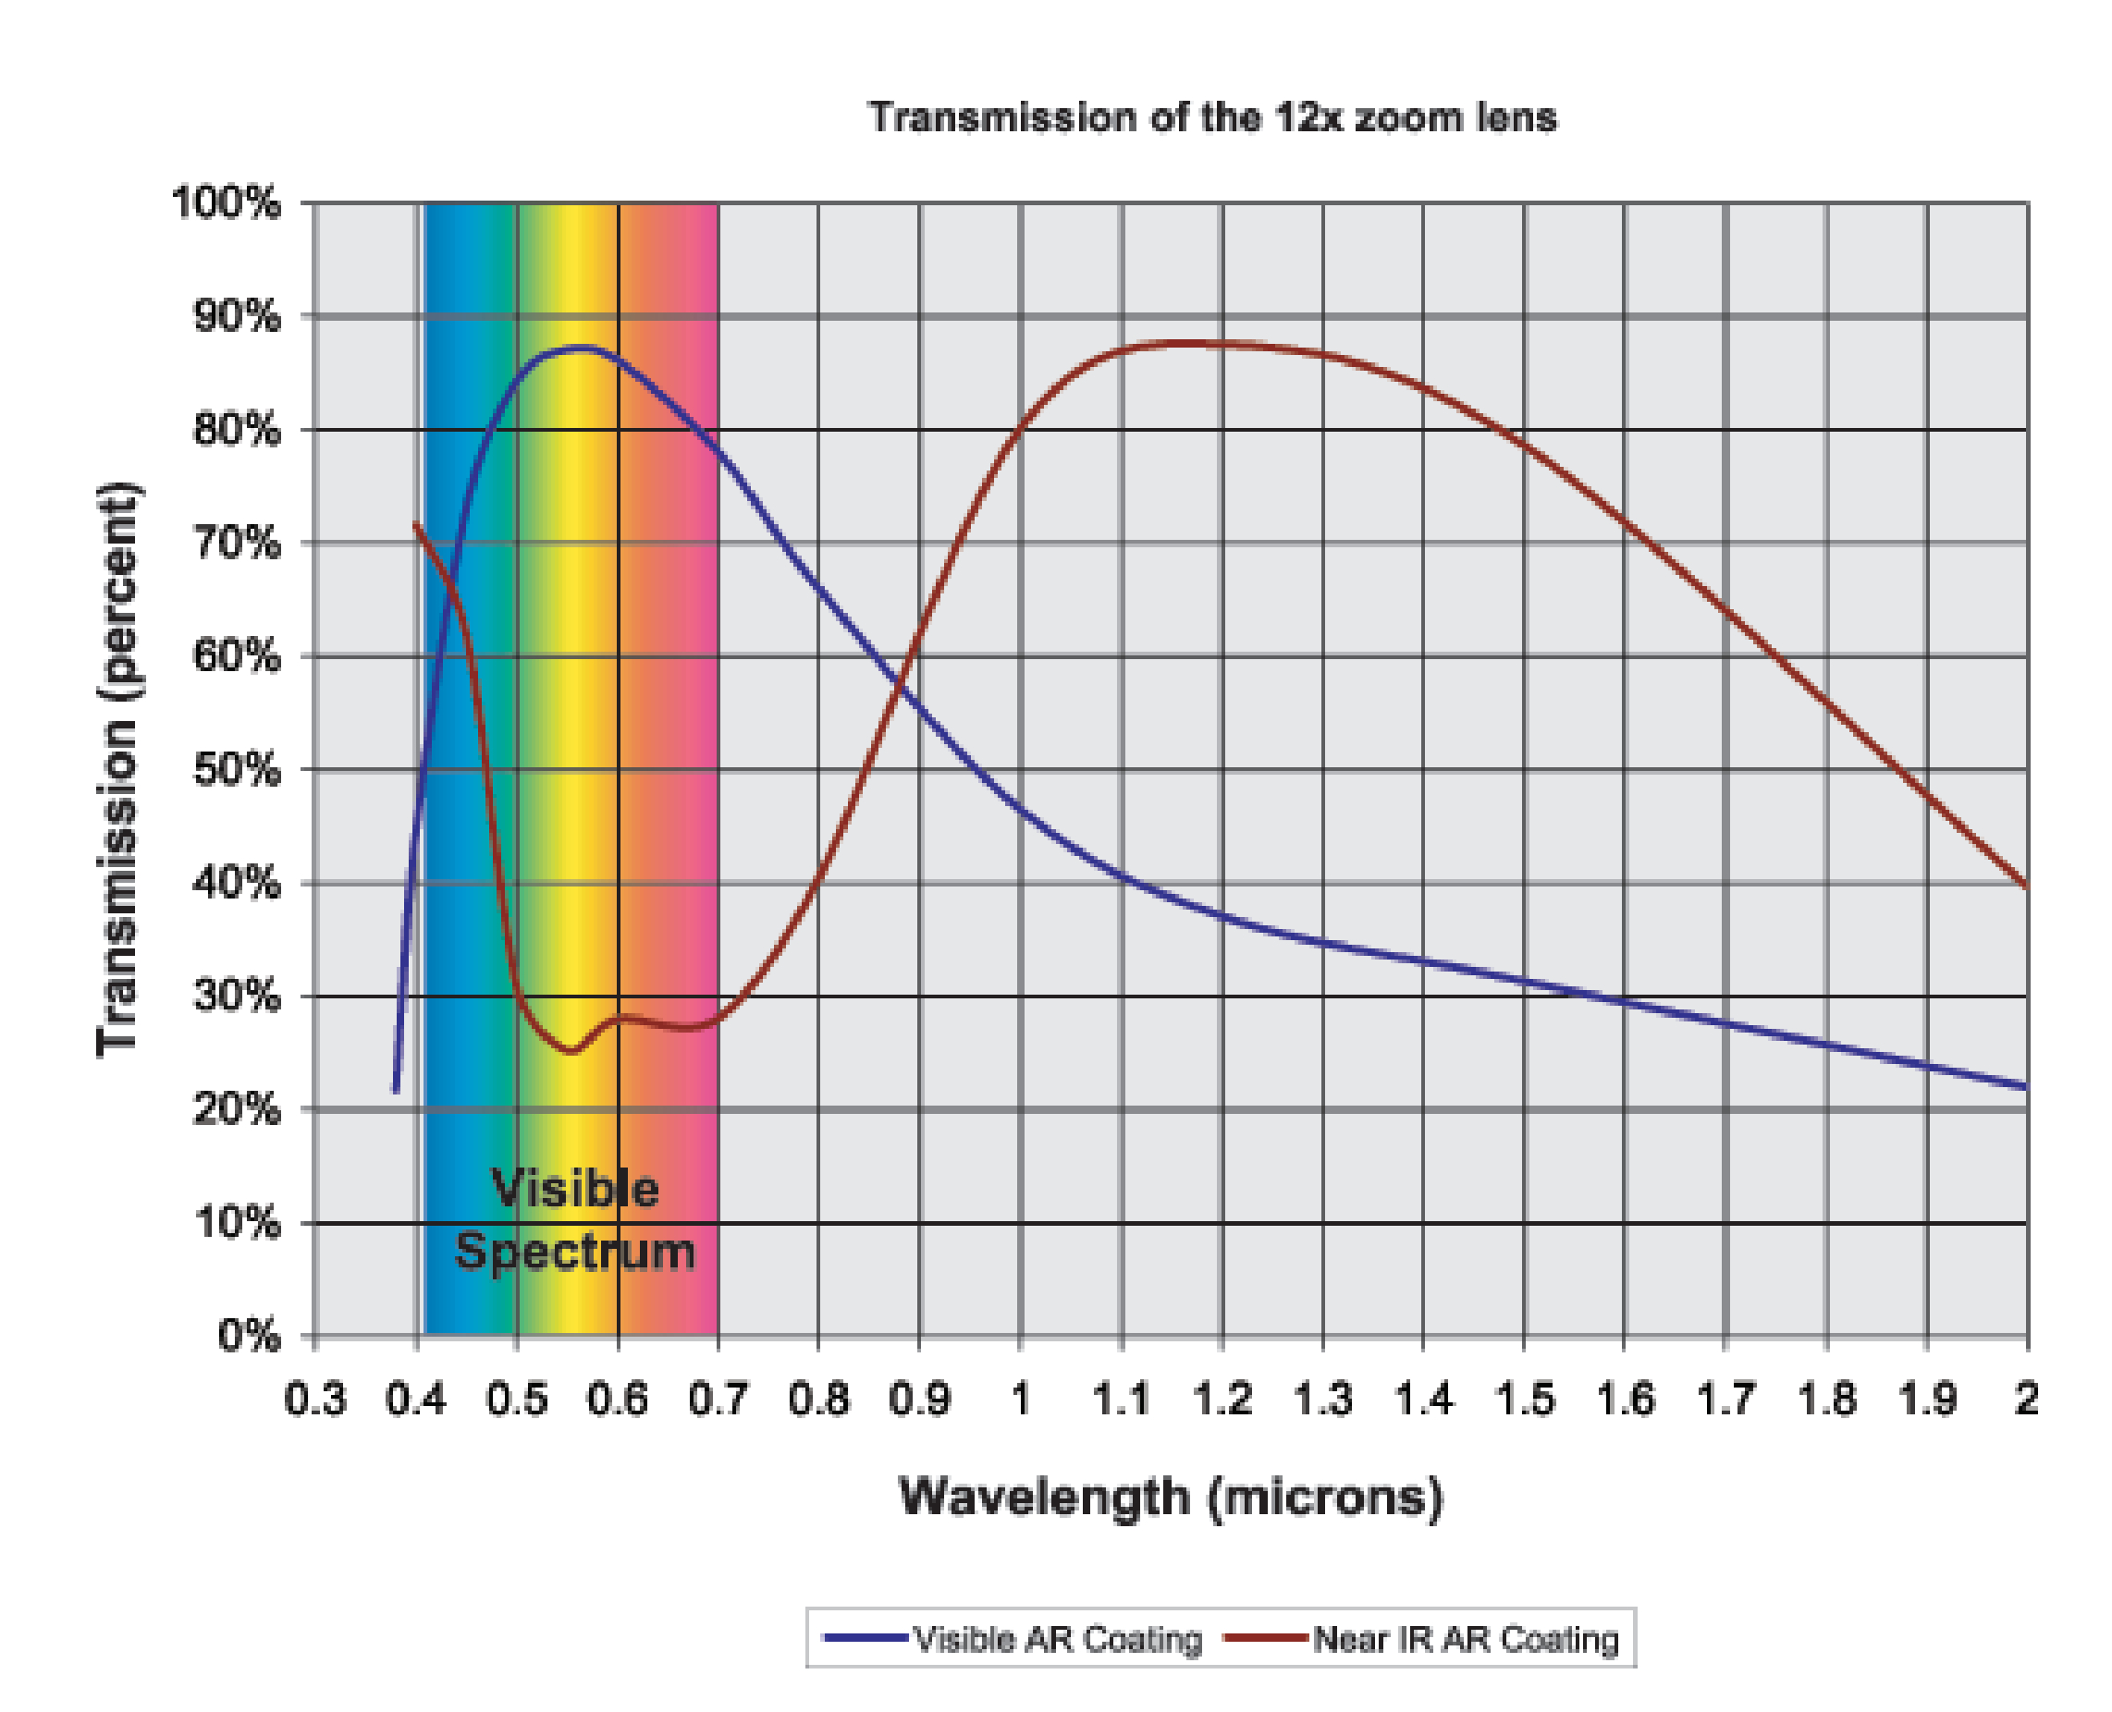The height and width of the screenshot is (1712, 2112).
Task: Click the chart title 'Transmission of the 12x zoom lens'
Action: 1212,117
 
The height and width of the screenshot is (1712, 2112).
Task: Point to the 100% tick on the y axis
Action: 227,203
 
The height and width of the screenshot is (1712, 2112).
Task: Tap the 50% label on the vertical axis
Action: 237,769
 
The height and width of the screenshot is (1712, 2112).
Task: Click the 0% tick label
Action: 249,1337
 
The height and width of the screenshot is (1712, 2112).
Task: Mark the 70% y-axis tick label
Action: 237,543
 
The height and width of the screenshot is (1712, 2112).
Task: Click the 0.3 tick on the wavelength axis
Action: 314,1399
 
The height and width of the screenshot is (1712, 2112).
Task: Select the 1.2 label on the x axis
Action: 1222,1399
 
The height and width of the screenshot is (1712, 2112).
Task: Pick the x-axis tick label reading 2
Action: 2025,1399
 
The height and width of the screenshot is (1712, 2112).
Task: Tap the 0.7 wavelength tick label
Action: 718,1399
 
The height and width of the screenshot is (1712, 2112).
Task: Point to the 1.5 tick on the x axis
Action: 1524,1399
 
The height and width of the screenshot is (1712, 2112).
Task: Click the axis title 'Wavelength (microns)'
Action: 1171,1497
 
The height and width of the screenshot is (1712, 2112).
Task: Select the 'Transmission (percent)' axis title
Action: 118,769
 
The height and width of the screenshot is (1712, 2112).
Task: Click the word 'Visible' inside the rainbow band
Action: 575,1189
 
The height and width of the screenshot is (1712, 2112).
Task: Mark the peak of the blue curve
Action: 580,348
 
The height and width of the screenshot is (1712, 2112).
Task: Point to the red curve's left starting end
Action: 415,523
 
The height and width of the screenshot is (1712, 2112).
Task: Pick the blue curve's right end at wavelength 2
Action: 2025,1087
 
